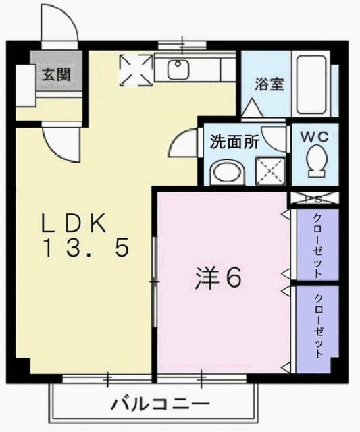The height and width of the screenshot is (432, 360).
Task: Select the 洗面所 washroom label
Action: coord(234,142)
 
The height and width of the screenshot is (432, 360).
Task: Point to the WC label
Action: coord(314,135)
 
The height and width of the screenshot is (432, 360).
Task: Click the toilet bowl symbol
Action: coord(315,162)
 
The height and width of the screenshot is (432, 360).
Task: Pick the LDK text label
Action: coord(74,223)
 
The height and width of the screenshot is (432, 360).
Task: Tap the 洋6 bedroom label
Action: coord(219,277)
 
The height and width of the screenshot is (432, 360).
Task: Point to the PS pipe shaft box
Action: coord(313,199)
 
